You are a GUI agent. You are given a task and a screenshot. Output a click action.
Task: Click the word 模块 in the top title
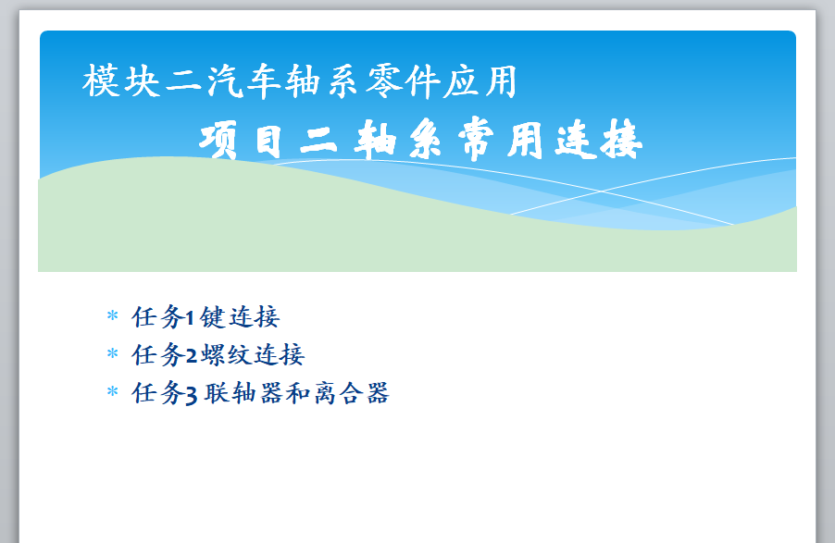tap(121, 80)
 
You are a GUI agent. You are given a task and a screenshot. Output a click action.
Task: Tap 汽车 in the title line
tap(243, 80)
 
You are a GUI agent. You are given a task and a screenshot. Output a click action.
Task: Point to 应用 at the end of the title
tap(480, 80)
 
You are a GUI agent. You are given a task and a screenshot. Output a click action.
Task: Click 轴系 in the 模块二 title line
tap(321, 80)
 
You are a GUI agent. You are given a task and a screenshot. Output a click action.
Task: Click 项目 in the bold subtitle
tap(241, 141)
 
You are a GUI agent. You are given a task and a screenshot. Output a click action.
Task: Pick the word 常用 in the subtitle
tap(501, 140)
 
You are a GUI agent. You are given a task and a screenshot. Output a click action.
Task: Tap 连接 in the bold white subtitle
tap(599, 140)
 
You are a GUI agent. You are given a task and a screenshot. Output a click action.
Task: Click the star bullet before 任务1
tap(112, 315)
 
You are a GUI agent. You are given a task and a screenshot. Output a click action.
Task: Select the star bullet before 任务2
tap(112, 353)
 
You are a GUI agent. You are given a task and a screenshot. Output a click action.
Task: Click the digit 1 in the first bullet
tap(189, 318)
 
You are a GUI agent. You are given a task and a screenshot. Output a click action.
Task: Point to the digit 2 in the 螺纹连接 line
tap(192, 355)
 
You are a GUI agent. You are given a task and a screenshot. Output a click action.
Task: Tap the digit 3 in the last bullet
tap(192, 395)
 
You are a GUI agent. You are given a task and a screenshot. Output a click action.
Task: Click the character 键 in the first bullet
tap(213, 317)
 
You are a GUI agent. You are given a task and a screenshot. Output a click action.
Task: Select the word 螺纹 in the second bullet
tap(225, 354)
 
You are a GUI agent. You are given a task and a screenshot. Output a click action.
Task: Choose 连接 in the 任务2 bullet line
tap(279, 354)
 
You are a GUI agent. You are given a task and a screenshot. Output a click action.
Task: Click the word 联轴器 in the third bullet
tap(243, 393)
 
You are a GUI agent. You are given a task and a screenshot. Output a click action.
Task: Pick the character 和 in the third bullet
tap(298, 393)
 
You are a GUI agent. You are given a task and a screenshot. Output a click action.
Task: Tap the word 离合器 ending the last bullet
tap(352, 393)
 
